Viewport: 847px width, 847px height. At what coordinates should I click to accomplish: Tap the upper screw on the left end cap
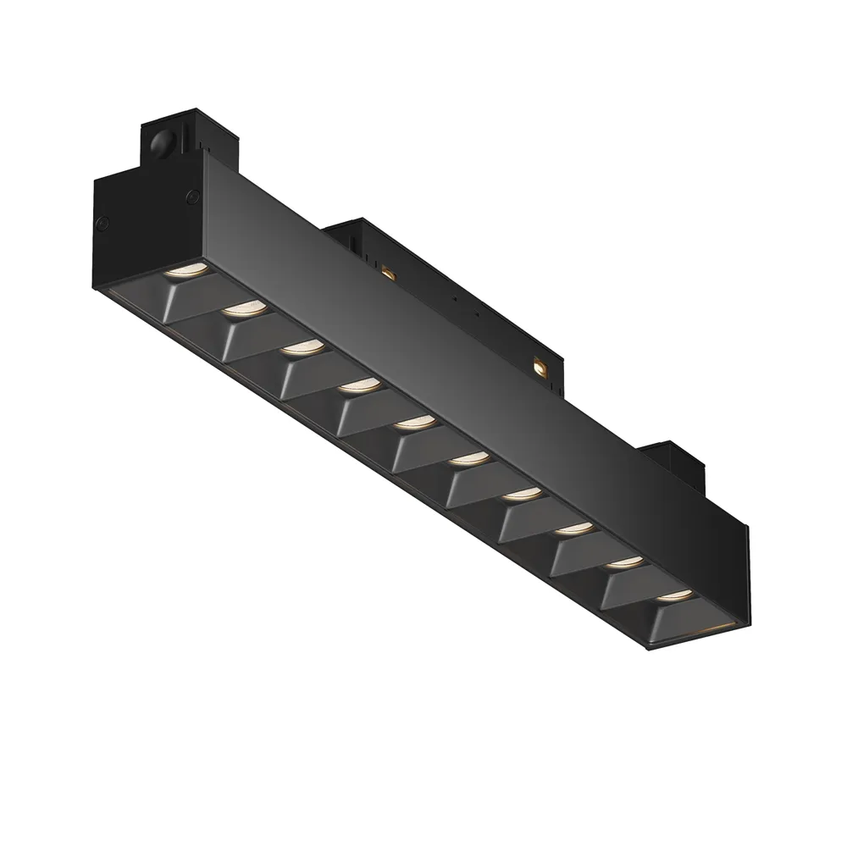[192, 197]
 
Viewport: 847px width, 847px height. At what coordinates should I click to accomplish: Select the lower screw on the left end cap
[102, 224]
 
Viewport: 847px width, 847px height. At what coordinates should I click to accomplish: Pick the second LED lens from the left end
[245, 309]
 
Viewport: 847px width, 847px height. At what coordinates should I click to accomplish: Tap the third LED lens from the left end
[302, 347]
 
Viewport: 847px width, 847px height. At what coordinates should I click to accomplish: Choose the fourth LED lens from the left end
[359, 385]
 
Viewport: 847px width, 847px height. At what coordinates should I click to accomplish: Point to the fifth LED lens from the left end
[414, 421]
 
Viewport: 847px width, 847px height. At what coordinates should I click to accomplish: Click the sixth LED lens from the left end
[468, 458]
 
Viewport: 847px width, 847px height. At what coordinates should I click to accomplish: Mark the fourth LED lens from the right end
[522, 493]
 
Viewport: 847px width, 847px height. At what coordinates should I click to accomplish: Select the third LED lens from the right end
[575, 529]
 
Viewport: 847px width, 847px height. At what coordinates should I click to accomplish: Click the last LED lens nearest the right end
[676, 595]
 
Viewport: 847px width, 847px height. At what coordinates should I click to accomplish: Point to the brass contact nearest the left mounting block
[388, 272]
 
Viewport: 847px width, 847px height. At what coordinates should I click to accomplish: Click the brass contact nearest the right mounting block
[538, 367]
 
